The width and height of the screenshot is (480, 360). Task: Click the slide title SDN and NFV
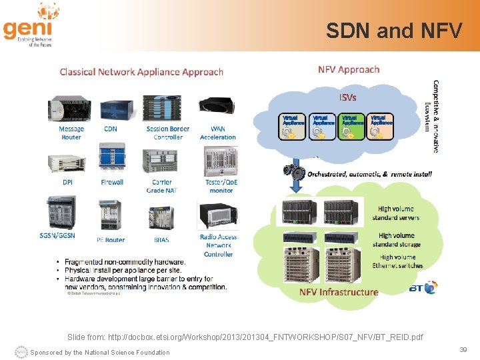393,31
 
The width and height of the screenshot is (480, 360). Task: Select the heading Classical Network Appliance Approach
141,71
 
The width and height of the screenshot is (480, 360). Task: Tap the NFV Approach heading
348,69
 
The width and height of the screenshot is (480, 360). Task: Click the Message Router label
71,133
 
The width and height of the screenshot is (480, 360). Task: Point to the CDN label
111,129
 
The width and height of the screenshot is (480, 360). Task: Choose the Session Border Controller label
167,133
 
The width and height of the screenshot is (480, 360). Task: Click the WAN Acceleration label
218,133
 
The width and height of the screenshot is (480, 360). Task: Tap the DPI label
68,181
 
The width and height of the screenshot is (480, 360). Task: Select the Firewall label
112,181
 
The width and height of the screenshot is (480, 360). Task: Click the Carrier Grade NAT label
161,185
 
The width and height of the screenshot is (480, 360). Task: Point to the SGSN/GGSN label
57,235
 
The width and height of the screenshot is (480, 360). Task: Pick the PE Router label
111,239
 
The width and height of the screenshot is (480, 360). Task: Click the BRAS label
161,239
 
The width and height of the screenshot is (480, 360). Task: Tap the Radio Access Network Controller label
218,245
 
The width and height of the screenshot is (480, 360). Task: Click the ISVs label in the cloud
348,97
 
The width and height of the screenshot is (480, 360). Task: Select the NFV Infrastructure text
339,292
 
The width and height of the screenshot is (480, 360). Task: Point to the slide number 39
463,349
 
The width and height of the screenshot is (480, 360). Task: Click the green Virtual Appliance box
352,126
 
